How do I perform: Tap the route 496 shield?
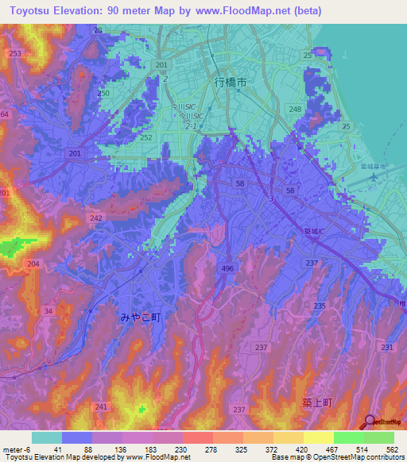[x=227, y=270]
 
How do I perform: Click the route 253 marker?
[x=15, y=53]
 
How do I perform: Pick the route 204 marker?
[x=33, y=264]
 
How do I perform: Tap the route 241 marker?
[x=100, y=407]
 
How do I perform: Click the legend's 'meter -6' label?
[x=16, y=450]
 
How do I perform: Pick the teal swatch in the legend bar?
[x=46, y=437]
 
